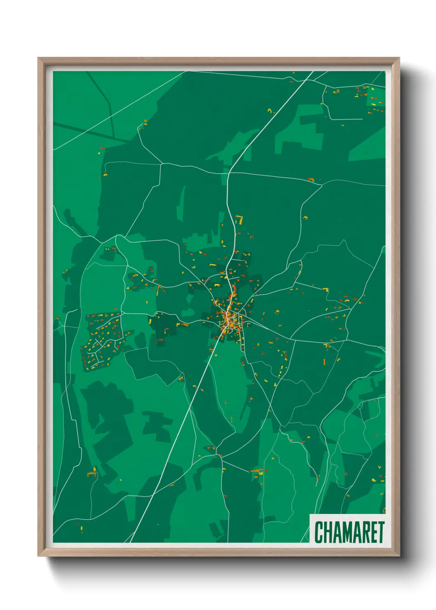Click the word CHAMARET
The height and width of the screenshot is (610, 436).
349,532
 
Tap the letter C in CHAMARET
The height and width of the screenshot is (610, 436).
319,532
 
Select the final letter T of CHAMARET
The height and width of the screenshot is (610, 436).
381,532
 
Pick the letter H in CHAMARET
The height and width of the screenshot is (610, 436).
327,532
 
